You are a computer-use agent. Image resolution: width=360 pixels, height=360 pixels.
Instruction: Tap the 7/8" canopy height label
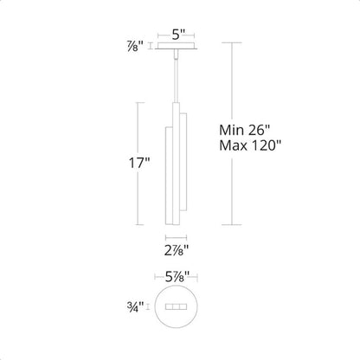tap(135, 46)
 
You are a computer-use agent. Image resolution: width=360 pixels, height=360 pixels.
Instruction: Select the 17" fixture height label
tap(139, 164)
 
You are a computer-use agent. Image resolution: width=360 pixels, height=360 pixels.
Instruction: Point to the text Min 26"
tap(244, 130)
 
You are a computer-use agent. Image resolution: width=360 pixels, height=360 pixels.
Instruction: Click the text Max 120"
tap(250, 145)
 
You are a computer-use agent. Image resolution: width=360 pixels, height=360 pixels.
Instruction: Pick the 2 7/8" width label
tap(177, 250)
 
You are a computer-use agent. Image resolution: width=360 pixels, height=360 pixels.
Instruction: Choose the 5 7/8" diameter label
tap(177, 277)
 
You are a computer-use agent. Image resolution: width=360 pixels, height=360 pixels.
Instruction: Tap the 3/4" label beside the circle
tap(135, 306)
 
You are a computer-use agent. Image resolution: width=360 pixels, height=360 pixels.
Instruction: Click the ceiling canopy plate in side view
tap(176, 46)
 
